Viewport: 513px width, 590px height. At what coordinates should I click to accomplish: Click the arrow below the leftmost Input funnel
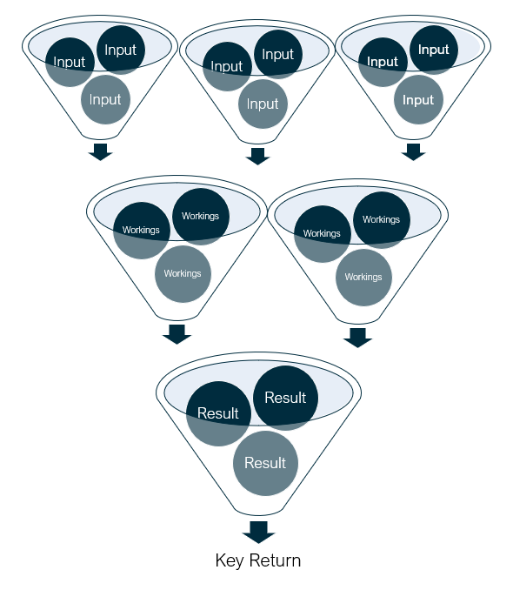click(100, 151)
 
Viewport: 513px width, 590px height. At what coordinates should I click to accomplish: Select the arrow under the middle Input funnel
click(257, 156)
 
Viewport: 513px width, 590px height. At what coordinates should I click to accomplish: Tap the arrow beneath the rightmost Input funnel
click(413, 151)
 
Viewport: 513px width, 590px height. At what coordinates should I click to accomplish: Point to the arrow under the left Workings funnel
click(177, 334)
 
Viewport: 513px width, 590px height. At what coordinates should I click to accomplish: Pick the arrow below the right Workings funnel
click(357, 338)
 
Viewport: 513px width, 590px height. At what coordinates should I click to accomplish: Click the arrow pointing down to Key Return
click(259, 532)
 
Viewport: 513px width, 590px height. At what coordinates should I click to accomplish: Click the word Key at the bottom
click(229, 560)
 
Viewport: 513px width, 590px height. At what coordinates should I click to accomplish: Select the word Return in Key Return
click(275, 560)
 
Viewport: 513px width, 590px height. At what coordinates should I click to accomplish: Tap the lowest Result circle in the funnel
click(265, 463)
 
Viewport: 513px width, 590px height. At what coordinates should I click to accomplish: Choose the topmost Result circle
click(285, 398)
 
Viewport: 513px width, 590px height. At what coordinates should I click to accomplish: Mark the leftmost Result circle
click(218, 413)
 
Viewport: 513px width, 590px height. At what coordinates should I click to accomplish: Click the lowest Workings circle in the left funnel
click(183, 274)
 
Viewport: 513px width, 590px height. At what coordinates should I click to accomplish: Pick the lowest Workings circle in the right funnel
click(363, 278)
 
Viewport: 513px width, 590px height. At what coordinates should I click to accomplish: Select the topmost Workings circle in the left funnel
click(201, 217)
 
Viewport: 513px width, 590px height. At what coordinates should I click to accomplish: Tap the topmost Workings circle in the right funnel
click(382, 220)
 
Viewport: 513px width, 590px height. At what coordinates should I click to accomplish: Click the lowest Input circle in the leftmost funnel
click(105, 100)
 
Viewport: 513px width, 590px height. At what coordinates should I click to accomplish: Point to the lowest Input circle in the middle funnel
click(263, 104)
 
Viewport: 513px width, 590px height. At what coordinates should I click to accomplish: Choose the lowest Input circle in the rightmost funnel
click(418, 100)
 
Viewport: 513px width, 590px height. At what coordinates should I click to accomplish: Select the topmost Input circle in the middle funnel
click(278, 55)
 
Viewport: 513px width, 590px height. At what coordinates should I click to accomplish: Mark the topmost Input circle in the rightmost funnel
click(434, 50)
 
